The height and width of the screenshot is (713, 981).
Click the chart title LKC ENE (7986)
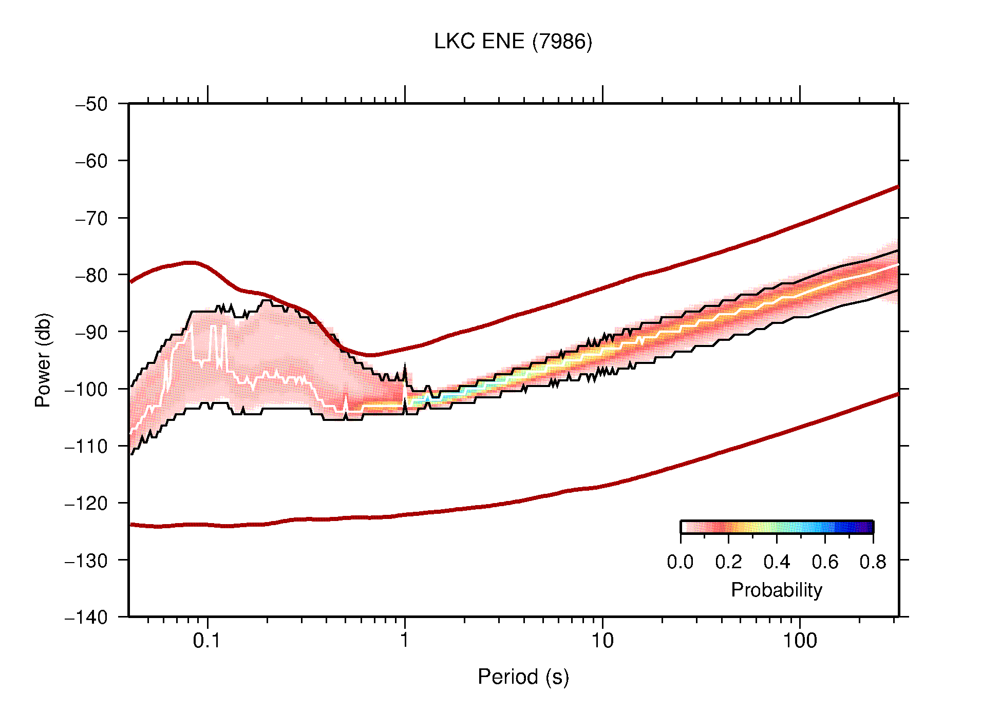(513, 42)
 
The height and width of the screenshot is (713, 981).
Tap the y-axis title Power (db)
(43, 360)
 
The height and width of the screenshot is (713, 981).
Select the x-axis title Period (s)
(523, 677)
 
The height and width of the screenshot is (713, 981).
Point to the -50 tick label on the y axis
(91, 104)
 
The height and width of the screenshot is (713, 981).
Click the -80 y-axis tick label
(91, 275)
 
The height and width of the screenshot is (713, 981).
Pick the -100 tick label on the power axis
(86, 389)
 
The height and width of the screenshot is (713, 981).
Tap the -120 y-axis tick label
(86, 503)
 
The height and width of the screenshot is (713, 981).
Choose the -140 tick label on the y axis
(86, 617)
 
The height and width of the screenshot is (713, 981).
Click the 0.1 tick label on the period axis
(206, 641)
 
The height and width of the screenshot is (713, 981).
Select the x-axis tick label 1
(405, 641)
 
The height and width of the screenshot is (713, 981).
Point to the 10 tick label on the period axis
(602, 641)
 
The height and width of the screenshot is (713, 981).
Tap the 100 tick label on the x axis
(799, 641)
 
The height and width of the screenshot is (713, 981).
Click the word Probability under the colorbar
(776, 590)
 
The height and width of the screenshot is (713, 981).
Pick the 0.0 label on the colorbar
(680, 562)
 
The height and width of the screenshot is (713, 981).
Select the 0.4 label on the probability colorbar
(777, 562)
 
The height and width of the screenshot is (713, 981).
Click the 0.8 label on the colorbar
(873, 562)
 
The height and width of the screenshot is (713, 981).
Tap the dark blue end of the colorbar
(868, 527)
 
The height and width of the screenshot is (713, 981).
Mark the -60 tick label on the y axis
(91, 161)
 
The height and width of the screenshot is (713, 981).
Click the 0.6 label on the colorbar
(825, 562)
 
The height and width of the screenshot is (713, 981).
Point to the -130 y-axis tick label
(86, 560)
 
